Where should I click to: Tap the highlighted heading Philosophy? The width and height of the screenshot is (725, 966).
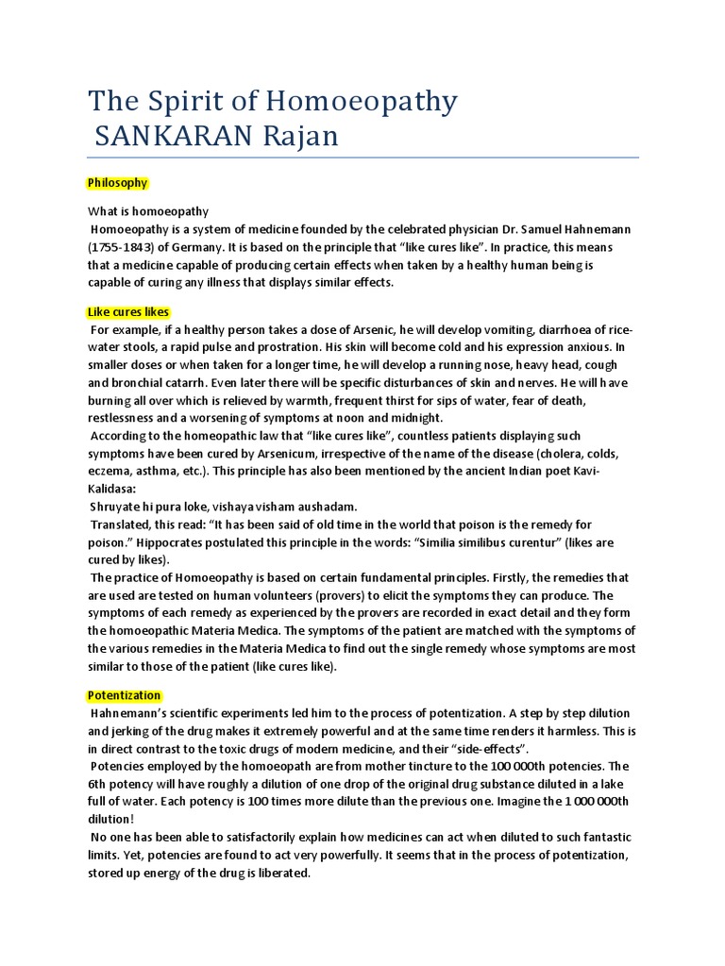117,182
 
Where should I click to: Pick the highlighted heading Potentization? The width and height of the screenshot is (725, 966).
124,695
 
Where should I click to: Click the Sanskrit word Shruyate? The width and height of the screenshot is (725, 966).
116,507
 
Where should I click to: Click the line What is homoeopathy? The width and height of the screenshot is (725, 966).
148,211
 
